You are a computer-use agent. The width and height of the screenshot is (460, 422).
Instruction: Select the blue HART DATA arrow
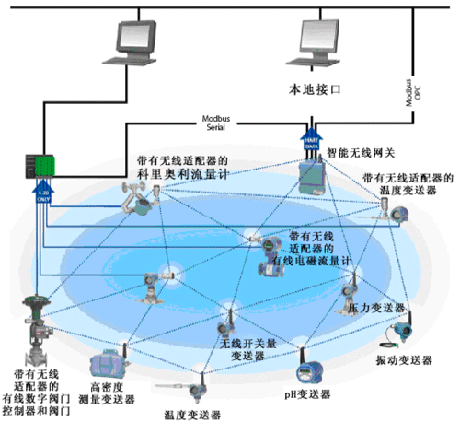click(311, 140)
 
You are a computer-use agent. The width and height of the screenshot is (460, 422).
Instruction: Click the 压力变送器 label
click(376, 307)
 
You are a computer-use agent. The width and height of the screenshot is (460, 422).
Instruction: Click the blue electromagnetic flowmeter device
click(271, 247)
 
